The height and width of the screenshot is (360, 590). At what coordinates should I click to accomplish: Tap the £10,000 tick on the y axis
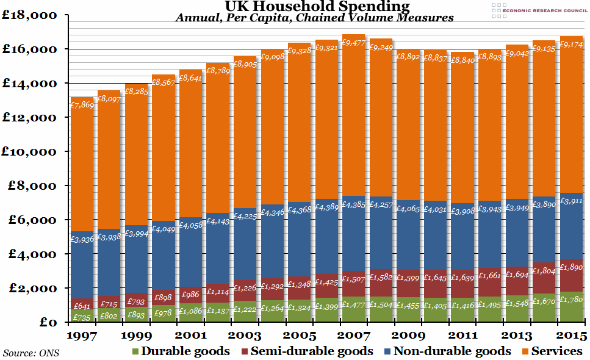click(x=32, y=151)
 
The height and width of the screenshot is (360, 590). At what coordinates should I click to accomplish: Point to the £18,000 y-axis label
click(x=32, y=15)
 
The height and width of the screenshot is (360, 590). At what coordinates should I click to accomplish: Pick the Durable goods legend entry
click(x=180, y=351)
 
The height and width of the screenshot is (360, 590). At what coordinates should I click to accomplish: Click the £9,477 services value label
click(x=353, y=43)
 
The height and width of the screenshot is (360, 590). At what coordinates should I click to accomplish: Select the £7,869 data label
click(x=82, y=104)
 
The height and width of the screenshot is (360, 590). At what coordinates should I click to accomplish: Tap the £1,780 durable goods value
click(x=571, y=300)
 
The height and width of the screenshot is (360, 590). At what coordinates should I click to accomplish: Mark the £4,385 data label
click(x=353, y=204)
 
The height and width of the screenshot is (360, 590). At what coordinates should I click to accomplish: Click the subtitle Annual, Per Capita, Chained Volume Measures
click(x=314, y=18)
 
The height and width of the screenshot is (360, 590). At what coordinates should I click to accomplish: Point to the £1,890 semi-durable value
click(x=571, y=267)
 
